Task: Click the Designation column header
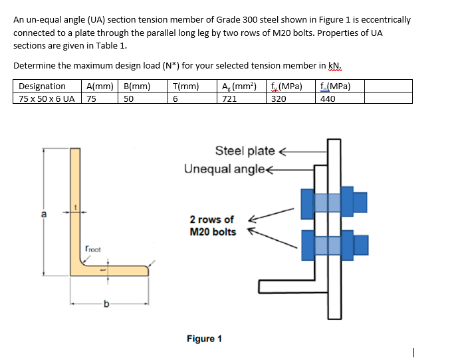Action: click(x=42, y=86)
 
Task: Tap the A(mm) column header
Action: click(x=99, y=86)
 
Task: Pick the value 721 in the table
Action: click(x=229, y=98)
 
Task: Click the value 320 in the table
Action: click(x=280, y=98)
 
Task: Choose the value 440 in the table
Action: click(x=328, y=98)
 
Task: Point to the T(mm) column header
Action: click(x=185, y=86)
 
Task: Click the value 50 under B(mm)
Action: click(x=129, y=98)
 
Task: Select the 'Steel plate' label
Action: click(x=245, y=151)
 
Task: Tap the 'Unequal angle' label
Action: click(x=225, y=168)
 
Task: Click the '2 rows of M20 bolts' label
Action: click(x=212, y=226)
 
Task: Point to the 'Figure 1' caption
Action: click(x=204, y=339)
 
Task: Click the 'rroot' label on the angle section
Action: click(x=93, y=249)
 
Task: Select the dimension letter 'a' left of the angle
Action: click(x=44, y=214)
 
